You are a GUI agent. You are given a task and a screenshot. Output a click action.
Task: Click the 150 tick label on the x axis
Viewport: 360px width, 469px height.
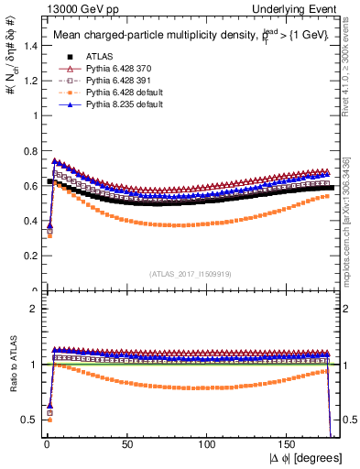coord(289,444)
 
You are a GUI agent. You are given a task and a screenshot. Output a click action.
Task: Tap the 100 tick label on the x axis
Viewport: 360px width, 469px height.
coord(209,444)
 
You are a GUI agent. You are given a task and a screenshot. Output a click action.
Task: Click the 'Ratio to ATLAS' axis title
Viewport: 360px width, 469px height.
coord(12,366)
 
